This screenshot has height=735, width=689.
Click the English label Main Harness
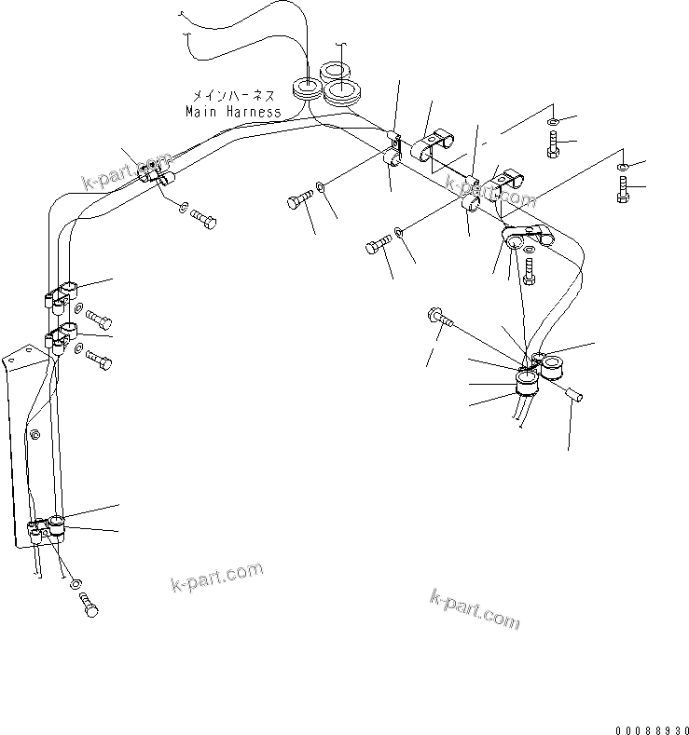232,112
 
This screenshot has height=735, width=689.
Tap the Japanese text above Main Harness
232,95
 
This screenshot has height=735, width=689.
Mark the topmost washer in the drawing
552,122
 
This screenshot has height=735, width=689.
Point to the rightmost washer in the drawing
623,167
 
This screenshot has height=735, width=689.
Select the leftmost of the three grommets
305,88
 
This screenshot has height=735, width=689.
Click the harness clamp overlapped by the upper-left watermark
151,170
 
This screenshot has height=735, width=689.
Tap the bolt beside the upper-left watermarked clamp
204,220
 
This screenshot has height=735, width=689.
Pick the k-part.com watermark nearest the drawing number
475,607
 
